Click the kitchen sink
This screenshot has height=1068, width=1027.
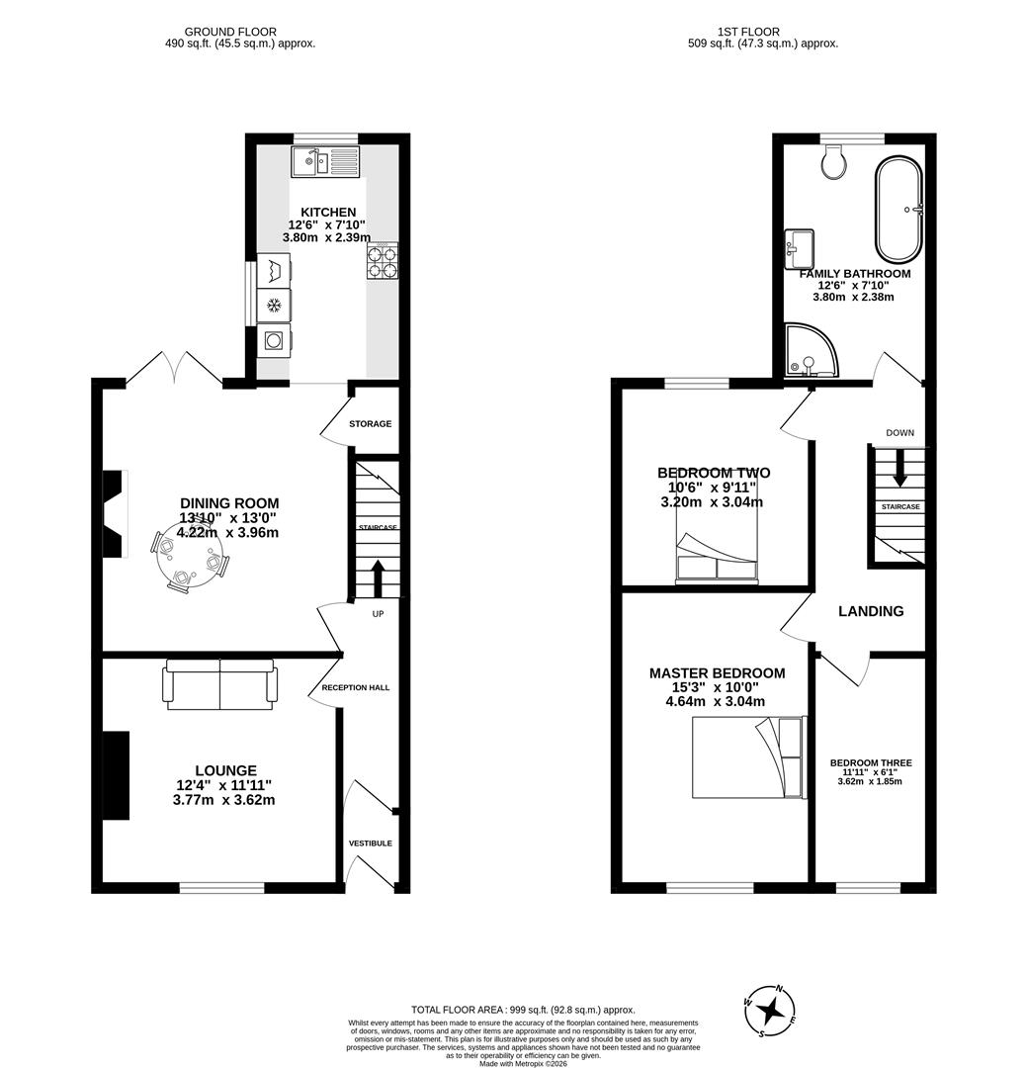pyautogui.click(x=325, y=161)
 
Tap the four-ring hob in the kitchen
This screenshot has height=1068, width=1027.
pyautogui.click(x=383, y=261)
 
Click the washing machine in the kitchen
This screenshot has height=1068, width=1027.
pyautogui.click(x=274, y=341)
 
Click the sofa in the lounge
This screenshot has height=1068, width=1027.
pyautogui.click(x=220, y=683)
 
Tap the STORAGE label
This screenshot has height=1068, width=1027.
pyautogui.click(x=370, y=424)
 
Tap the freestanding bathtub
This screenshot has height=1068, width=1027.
pyautogui.click(x=899, y=209)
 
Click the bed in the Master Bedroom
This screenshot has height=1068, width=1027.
pyautogui.click(x=747, y=756)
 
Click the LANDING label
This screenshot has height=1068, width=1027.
pyautogui.click(x=871, y=611)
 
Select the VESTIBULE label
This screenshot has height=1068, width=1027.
pyautogui.click(x=370, y=844)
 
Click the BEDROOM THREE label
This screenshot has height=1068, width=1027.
pyautogui.click(x=871, y=763)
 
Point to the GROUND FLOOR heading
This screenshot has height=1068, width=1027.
pyautogui.click(x=230, y=32)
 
